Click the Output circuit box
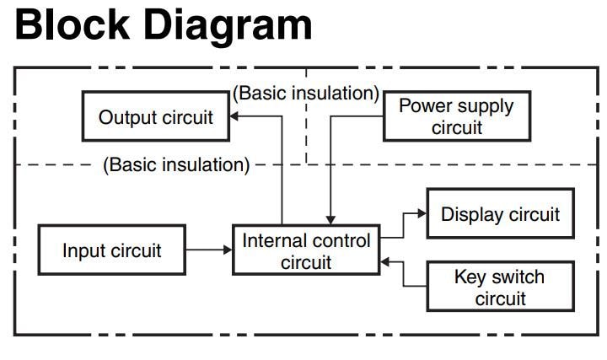156,116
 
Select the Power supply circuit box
456,116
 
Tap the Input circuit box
112,250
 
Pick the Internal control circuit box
306,250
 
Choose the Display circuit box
500,214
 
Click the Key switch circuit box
500,287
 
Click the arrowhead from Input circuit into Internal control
227,250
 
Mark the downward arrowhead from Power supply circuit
330,221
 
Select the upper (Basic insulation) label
306,94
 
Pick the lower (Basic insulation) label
176,164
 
